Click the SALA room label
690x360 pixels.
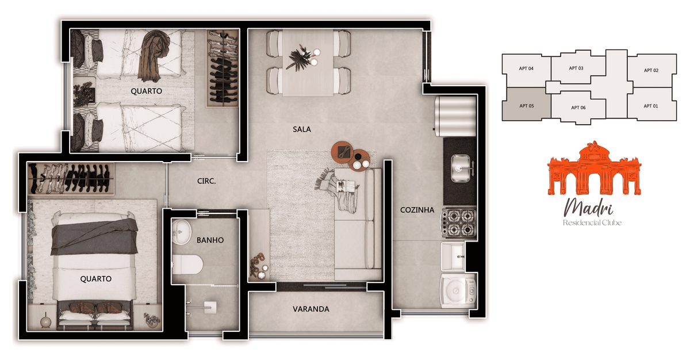[x=301, y=129]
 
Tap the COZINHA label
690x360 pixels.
[x=417, y=210]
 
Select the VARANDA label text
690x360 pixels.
[x=311, y=309]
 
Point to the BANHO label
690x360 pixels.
[x=210, y=240]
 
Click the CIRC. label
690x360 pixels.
[x=206, y=181]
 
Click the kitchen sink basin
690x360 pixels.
[x=460, y=168]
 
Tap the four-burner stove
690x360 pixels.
[x=458, y=223]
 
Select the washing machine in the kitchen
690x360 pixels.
[x=458, y=290]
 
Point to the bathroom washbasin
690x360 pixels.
[x=181, y=232]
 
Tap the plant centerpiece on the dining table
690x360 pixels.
[x=300, y=58]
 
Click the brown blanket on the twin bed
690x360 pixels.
[x=154, y=55]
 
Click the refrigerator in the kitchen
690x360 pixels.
[x=455, y=116]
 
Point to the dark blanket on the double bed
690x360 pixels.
[x=94, y=236]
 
